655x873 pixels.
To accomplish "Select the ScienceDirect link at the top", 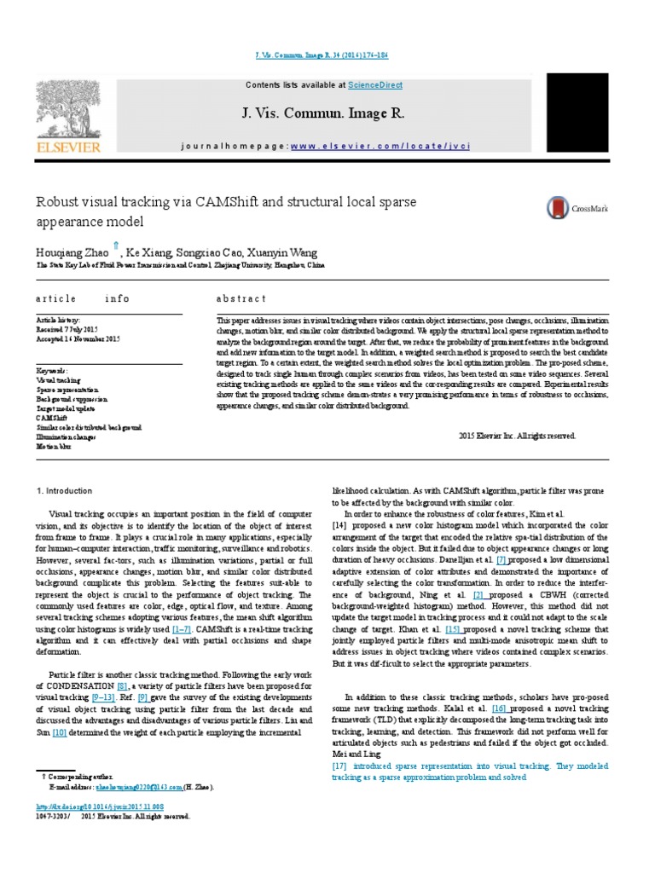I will pyautogui.click(x=374, y=85).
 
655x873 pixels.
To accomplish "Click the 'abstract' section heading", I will pyautogui.click(x=242, y=298).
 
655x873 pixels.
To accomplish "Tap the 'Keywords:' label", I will pyautogui.click(x=52, y=371).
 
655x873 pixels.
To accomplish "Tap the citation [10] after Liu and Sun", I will pyautogui.click(x=60, y=731).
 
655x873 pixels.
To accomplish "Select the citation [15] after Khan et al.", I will pyautogui.click(x=451, y=628).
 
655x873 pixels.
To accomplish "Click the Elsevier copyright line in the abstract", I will pyautogui.click(x=518, y=435).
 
